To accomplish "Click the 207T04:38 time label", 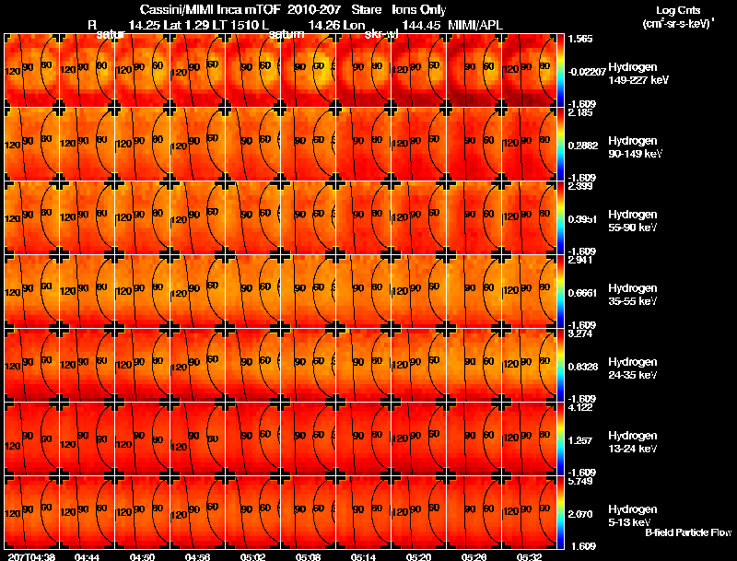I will (x=31, y=556).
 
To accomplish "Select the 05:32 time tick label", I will (x=528, y=556).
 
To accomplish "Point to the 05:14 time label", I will (x=363, y=556).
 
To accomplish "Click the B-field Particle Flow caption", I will (x=688, y=532).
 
